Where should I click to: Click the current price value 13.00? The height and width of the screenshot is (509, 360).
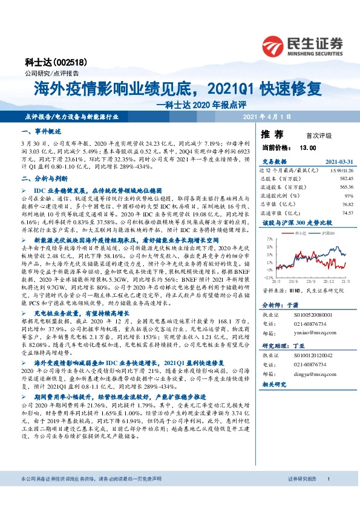[x=308, y=148]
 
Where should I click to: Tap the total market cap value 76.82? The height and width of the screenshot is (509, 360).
[x=345, y=204]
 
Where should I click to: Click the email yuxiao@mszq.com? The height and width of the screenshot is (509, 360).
[x=313, y=331]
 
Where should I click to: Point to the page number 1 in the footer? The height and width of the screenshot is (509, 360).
[x=328, y=496]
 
